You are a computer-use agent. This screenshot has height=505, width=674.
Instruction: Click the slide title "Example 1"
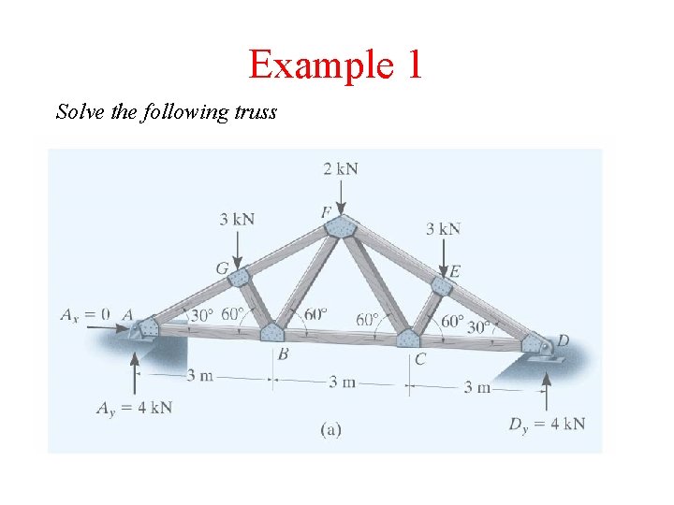336,65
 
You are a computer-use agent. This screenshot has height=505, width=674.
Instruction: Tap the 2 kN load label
341,168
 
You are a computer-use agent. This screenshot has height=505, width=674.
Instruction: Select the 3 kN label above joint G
238,219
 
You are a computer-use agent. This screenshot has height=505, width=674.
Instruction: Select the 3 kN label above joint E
443,228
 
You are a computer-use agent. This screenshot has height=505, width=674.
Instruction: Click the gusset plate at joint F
343,228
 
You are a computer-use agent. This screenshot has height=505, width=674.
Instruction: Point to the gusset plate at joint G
240,278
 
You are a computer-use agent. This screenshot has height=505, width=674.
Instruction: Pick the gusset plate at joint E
444,286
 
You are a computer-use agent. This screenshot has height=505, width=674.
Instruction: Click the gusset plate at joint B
272,332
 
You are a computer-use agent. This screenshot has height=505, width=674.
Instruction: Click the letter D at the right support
564,339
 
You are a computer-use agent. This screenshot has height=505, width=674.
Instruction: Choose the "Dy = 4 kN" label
548,424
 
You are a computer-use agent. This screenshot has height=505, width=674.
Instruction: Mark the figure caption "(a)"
330,429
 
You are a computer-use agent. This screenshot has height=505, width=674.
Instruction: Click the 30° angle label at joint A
201,315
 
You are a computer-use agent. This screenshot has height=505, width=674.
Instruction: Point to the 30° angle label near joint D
479,327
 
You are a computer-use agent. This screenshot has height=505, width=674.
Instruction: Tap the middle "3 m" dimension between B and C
341,381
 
